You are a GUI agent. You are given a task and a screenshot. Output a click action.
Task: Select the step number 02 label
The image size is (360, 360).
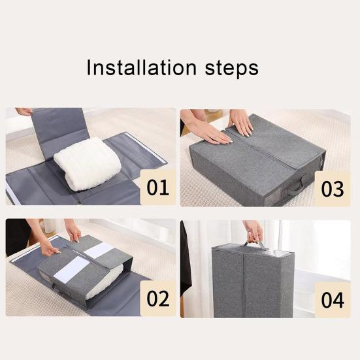157,299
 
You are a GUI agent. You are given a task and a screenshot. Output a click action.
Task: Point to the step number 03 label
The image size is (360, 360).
332,189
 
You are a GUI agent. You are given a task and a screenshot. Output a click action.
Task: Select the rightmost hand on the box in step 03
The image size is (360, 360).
241,122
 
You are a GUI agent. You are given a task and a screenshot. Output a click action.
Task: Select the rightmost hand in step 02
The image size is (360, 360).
73,231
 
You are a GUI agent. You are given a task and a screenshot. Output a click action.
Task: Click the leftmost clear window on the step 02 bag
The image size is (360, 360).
71,269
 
